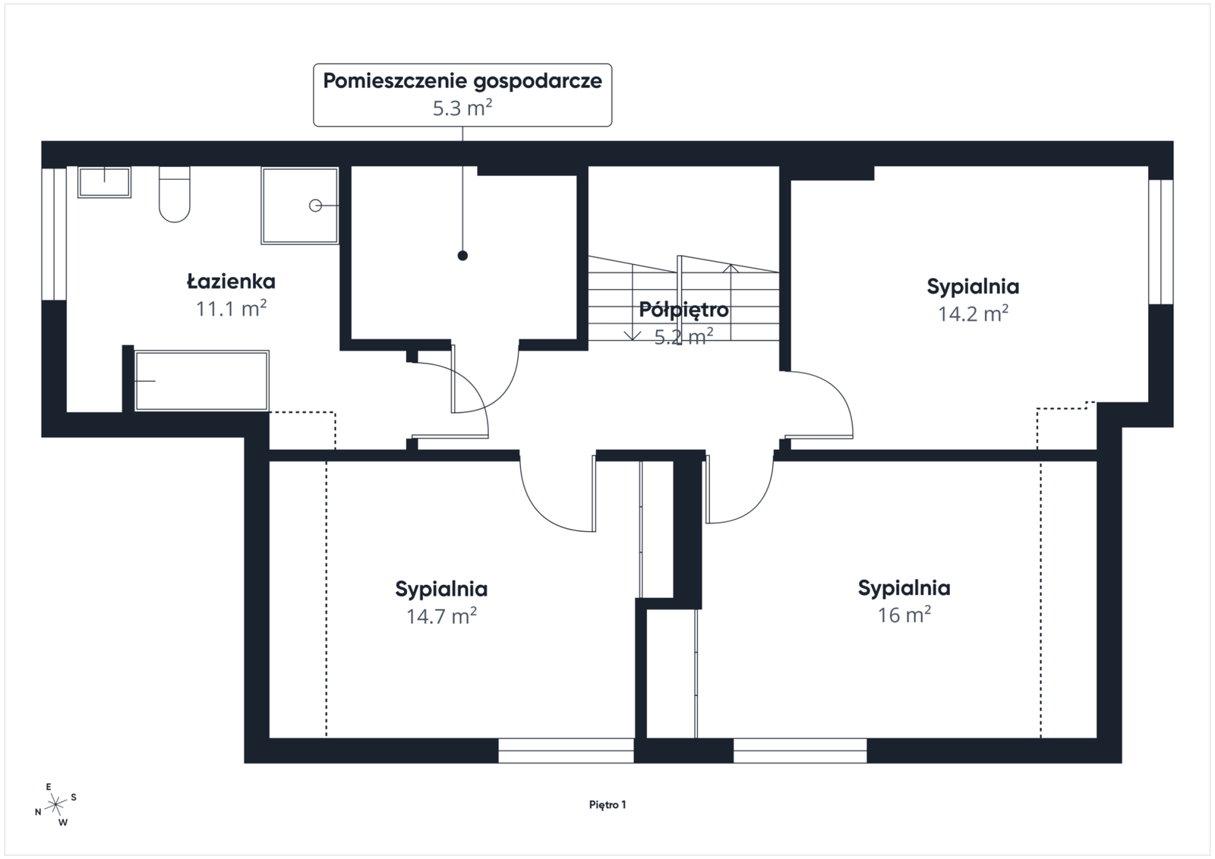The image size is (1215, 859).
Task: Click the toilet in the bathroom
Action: (174, 194)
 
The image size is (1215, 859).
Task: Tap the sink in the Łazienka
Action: (104, 182)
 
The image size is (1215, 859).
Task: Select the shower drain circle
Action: (315, 206)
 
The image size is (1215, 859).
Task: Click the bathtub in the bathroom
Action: (202, 380)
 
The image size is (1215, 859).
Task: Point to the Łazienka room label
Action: (231, 282)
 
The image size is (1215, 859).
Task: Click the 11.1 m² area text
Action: (231, 308)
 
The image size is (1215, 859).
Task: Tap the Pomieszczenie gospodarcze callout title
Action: (462, 81)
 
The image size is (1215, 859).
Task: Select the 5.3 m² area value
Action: (462, 108)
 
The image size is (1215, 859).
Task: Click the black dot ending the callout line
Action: (462, 256)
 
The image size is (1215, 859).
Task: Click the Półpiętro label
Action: (683, 310)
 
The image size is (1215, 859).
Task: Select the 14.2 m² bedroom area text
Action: (973, 313)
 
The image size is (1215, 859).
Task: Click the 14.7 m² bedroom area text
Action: (441, 615)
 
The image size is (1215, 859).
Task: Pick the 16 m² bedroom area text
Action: (904, 615)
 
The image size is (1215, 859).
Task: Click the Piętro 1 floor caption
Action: (607, 805)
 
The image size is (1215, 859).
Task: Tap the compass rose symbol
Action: (55, 804)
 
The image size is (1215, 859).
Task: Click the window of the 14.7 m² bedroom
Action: (566, 750)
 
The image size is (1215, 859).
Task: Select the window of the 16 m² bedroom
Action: (800, 750)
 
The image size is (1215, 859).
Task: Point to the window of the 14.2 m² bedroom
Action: (1161, 242)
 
